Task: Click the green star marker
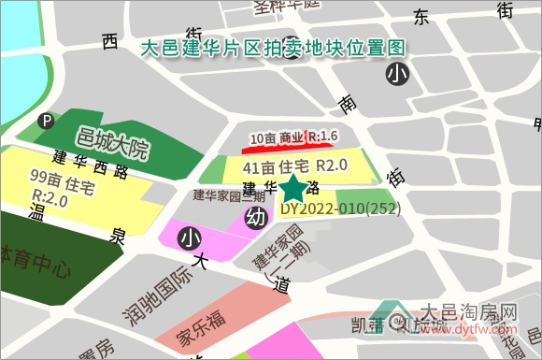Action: [293, 187]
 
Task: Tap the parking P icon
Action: [45, 121]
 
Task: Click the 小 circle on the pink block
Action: [191, 238]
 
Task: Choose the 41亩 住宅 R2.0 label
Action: [294, 166]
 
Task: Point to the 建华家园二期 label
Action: [230, 195]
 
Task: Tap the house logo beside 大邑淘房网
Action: [392, 318]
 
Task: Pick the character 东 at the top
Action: [421, 18]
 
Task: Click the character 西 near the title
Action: [110, 41]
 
